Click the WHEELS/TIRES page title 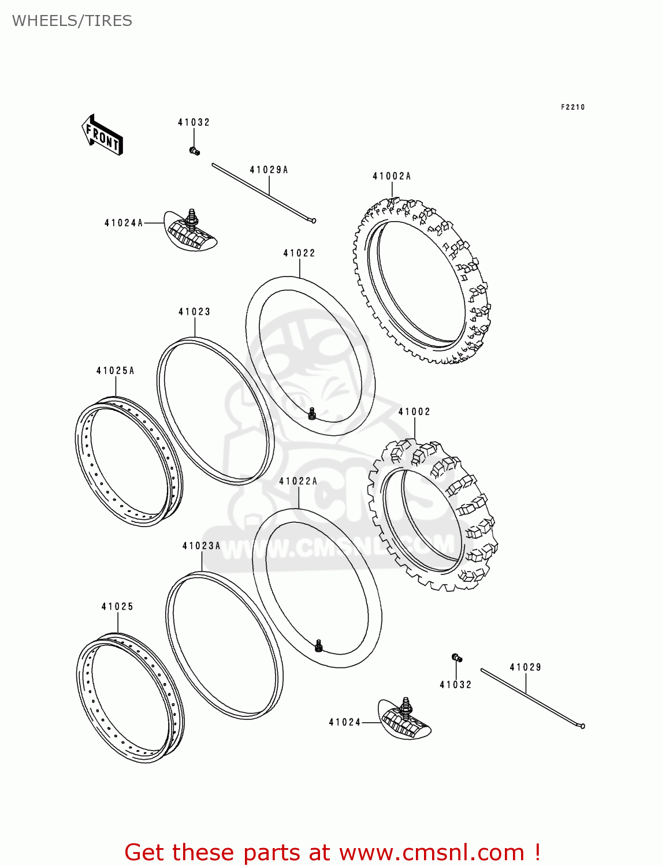(72, 21)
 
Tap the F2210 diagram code (572, 107)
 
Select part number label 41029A (269, 170)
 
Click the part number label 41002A (392, 176)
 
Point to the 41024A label (124, 223)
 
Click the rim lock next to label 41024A (190, 231)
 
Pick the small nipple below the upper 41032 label (194, 151)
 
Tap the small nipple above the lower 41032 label (456, 658)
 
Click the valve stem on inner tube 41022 (312, 413)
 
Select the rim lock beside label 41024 (405, 719)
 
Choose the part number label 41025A (115, 371)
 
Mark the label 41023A (201, 546)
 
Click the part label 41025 (117, 606)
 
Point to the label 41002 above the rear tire (414, 412)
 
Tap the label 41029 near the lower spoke (525, 667)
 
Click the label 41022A (298, 481)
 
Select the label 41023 (194, 312)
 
